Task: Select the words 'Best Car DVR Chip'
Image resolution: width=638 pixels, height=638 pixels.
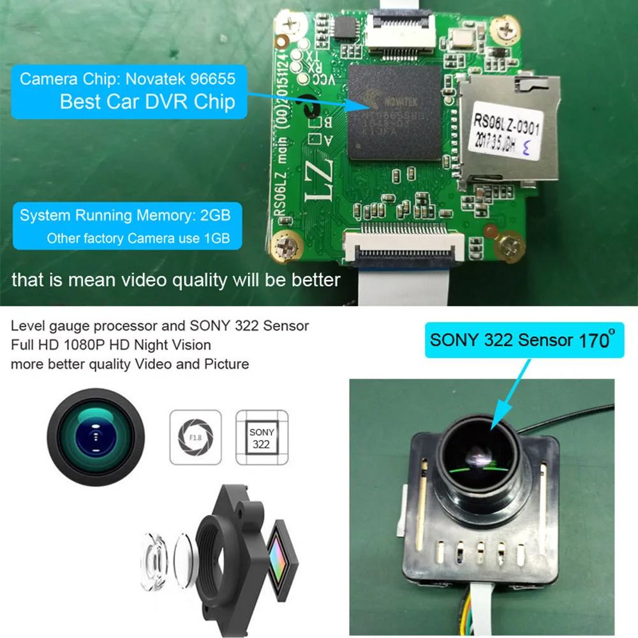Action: coord(147,101)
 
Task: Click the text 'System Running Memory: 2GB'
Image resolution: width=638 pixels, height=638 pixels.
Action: coord(125,215)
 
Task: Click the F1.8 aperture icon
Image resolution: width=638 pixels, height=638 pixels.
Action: coord(195,436)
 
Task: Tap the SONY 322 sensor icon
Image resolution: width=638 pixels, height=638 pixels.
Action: coord(262,437)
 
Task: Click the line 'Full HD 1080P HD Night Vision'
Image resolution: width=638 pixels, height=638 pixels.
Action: coord(110,345)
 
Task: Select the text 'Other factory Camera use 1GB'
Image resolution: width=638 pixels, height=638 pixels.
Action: coord(138,239)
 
